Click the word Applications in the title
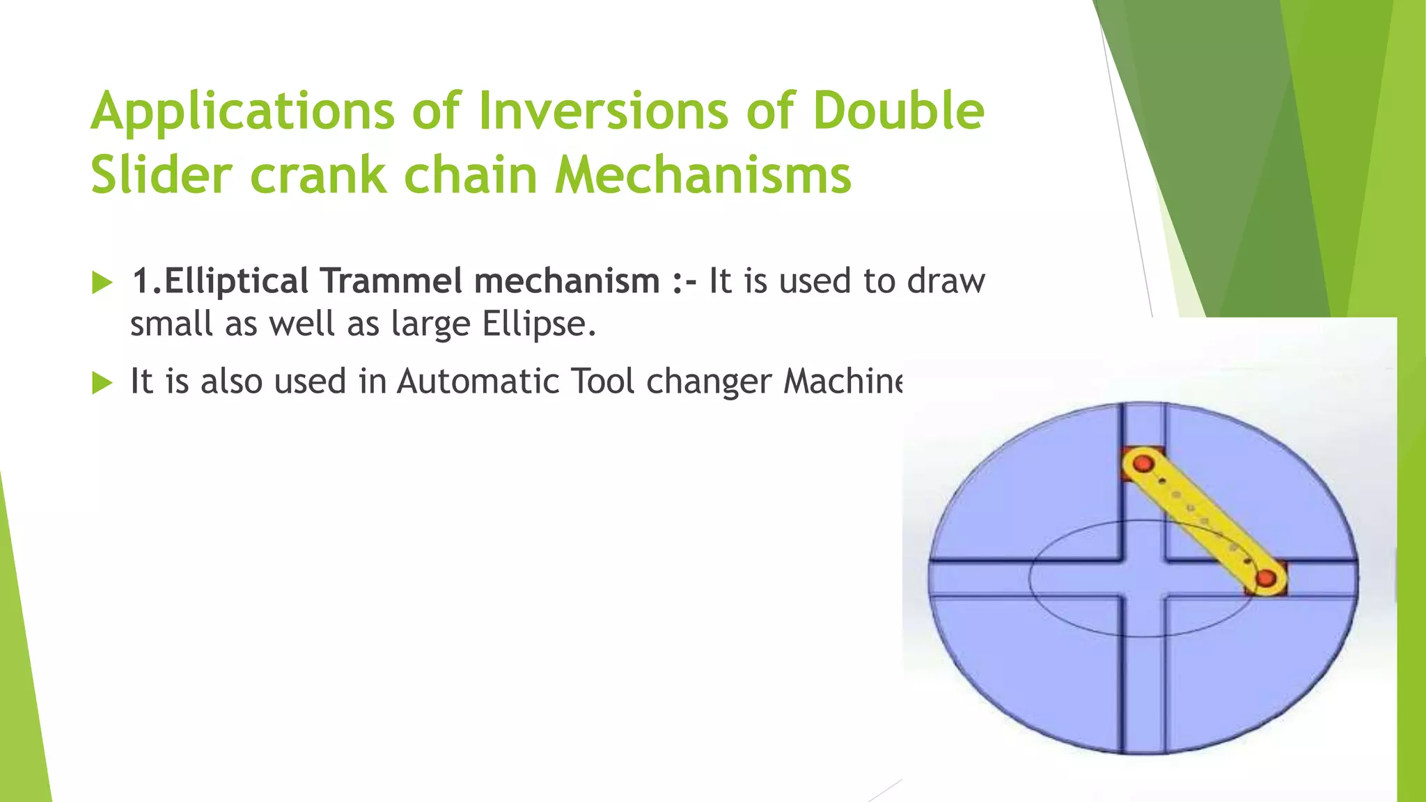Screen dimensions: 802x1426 tap(243, 111)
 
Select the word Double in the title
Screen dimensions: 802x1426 tap(899, 111)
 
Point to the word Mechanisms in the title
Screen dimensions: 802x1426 tap(703, 174)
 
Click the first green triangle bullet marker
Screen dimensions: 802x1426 tap(102, 283)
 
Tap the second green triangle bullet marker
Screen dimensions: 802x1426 tap(102, 382)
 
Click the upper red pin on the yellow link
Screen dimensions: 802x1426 tap(1143, 464)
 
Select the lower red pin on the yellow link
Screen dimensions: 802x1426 tap(1266, 578)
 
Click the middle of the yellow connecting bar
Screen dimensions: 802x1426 tap(1205, 521)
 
